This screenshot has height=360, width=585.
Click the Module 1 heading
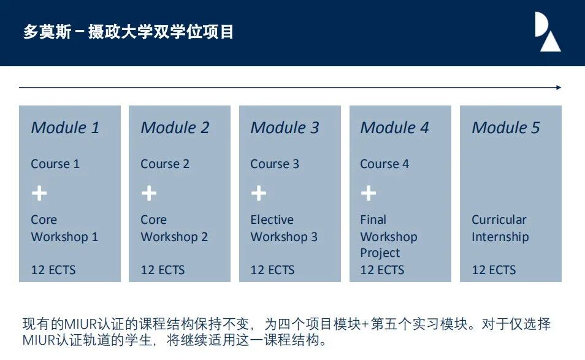pos(65,128)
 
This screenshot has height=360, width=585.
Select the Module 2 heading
pos(175,128)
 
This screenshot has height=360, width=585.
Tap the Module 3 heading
pos(285,128)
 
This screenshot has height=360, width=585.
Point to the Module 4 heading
pos(394,128)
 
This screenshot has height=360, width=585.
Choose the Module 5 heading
pos(505,128)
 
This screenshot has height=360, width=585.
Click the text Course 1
pos(55,164)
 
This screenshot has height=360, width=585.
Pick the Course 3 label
pos(275,164)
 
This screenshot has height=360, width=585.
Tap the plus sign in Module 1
pos(39,194)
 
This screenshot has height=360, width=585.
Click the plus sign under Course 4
pos(369,194)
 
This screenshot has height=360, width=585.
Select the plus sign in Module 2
pos(149,194)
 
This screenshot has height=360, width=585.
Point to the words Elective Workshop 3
pos(284,228)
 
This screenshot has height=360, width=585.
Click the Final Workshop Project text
pos(388,236)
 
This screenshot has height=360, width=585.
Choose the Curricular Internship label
pos(500,228)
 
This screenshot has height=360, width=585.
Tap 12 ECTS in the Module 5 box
pos(494,270)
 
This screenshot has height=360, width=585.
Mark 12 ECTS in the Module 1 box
pos(53,270)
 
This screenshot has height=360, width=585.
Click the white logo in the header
pos(548,32)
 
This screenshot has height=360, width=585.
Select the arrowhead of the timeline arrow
pos(558,88)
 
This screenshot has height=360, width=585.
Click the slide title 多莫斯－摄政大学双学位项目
pos(128,32)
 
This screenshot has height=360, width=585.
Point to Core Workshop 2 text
pos(174,228)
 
